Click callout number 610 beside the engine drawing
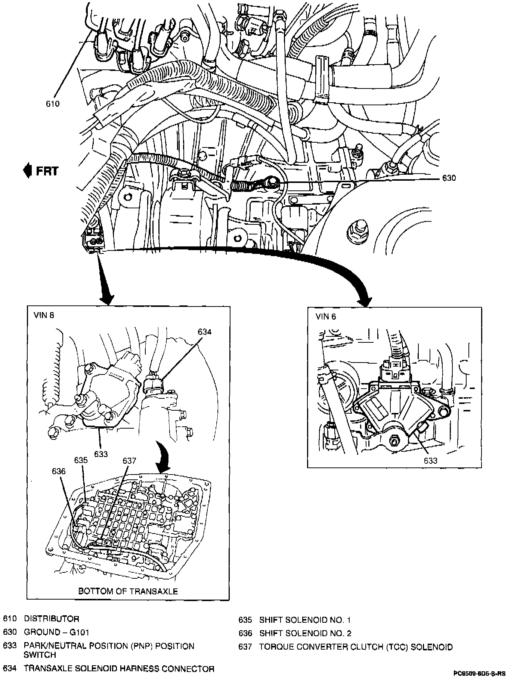53,104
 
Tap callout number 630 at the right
449,178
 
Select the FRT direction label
47,171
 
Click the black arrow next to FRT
27,171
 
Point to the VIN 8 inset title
43,315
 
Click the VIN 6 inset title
326,317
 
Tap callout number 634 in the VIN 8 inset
205,332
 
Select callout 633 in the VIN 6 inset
430,460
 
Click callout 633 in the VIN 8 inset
101,454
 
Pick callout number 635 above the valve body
81,460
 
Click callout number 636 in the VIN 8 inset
59,472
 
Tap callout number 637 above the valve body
129,461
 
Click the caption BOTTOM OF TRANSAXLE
128,591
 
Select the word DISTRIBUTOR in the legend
52,619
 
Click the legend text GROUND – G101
56,632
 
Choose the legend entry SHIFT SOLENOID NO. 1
305,620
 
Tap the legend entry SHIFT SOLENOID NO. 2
305,633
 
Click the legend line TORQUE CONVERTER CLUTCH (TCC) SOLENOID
356,647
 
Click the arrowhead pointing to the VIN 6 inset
365,301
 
